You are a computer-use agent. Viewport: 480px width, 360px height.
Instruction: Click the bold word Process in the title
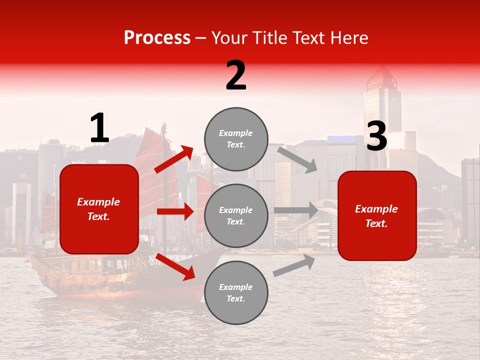point(157,38)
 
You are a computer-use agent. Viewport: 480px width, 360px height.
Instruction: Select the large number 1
point(99,128)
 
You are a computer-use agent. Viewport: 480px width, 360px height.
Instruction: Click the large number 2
point(236,75)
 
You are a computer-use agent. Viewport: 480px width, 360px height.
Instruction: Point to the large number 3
point(376,136)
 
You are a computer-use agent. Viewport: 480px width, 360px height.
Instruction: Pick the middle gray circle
point(236,216)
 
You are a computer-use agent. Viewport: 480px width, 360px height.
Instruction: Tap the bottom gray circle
point(236,292)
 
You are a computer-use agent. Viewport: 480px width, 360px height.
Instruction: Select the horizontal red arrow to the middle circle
point(175,211)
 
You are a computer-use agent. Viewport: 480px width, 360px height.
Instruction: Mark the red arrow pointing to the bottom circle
point(175,266)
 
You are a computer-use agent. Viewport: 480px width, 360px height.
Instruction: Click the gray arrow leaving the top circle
point(297,159)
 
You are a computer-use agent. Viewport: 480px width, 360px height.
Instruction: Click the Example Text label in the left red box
point(98,209)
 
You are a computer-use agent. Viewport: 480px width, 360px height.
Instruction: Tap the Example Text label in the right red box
point(376,216)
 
